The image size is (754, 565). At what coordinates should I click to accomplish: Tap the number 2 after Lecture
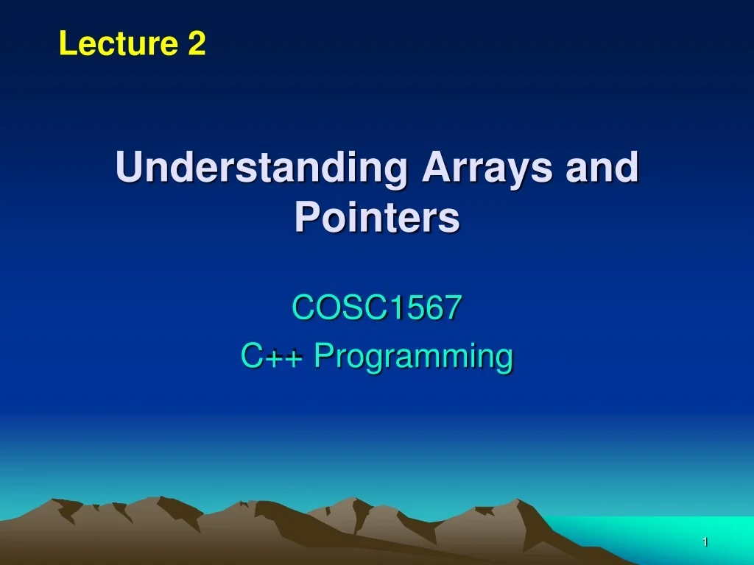[x=197, y=44]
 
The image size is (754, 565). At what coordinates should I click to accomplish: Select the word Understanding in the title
[x=261, y=168]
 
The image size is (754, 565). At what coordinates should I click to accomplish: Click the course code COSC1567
[x=377, y=308]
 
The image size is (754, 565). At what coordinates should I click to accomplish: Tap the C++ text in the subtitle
[x=271, y=357]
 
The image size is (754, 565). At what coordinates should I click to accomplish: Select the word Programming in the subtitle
[x=413, y=357]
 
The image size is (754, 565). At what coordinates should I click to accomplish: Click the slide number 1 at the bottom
[x=705, y=542]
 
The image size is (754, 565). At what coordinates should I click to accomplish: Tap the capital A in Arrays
[x=435, y=168]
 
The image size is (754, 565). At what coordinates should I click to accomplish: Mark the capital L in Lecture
[x=67, y=44]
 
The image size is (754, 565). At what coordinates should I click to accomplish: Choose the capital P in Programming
[x=323, y=357]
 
